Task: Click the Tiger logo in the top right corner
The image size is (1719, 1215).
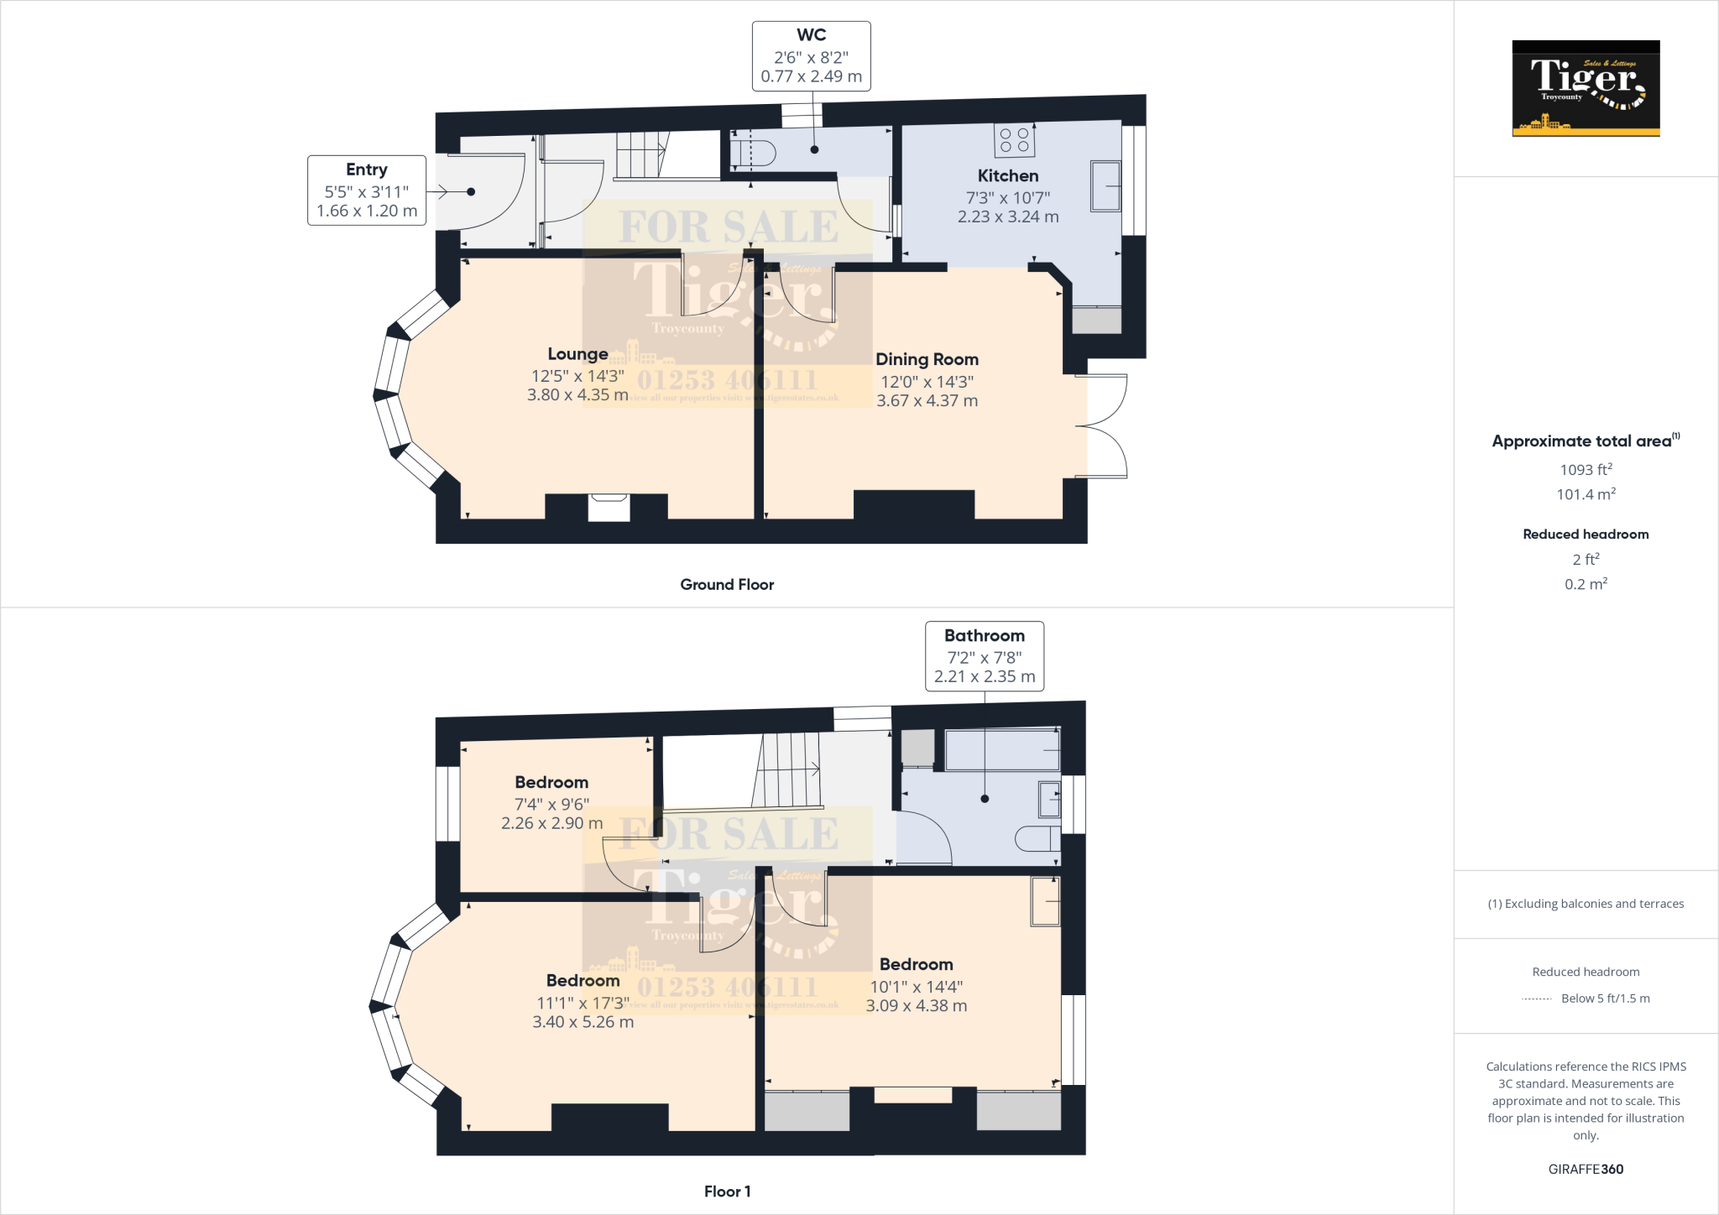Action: pos(1586,88)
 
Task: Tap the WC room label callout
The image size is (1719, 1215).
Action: pos(811,56)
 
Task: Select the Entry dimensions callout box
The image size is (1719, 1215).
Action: pos(367,190)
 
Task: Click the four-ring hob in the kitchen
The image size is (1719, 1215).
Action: pos(1014,140)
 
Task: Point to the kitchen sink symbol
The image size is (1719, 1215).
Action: pos(1105,185)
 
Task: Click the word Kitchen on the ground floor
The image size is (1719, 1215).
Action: pos(1007,176)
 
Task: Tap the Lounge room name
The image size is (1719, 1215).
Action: pos(577,354)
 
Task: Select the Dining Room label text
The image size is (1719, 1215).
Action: pos(927,359)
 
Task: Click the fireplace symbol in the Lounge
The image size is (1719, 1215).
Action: pos(609,508)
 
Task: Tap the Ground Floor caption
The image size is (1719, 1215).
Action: pos(727,585)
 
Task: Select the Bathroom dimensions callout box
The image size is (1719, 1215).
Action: pos(984,656)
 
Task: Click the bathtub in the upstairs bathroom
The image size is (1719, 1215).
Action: pos(1002,749)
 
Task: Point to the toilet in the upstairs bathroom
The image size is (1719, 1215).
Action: pos(1037,838)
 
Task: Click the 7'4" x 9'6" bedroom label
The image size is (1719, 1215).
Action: pos(551,804)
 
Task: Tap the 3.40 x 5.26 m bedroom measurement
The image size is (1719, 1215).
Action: pos(583,1022)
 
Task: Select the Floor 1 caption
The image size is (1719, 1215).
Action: pos(727,1192)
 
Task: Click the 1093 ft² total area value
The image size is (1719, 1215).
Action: pos(1585,470)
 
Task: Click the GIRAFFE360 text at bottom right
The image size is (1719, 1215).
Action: pos(1585,1169)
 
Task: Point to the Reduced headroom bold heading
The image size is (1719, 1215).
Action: pos(1585,534)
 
